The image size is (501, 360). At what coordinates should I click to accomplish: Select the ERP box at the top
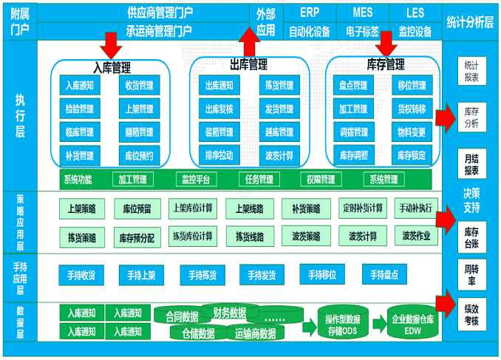(x=310, y=13)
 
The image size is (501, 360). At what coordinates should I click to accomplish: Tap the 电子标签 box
(x=362, y=32)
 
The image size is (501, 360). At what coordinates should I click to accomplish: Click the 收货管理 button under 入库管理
(x=139, y=86)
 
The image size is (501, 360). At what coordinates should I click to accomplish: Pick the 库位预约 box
(x=139, y=155)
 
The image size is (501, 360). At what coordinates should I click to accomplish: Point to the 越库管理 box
(x=279, y=132)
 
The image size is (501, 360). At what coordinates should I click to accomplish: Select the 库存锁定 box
(x=411, y=155)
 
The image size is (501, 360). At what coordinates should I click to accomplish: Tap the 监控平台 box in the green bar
(x=195, y=179)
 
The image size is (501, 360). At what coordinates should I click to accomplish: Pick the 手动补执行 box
(x=415, y=208)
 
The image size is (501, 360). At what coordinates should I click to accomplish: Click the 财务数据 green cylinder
(x=229, y=312)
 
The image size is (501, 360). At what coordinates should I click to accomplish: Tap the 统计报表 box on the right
(x=471, y=70)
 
